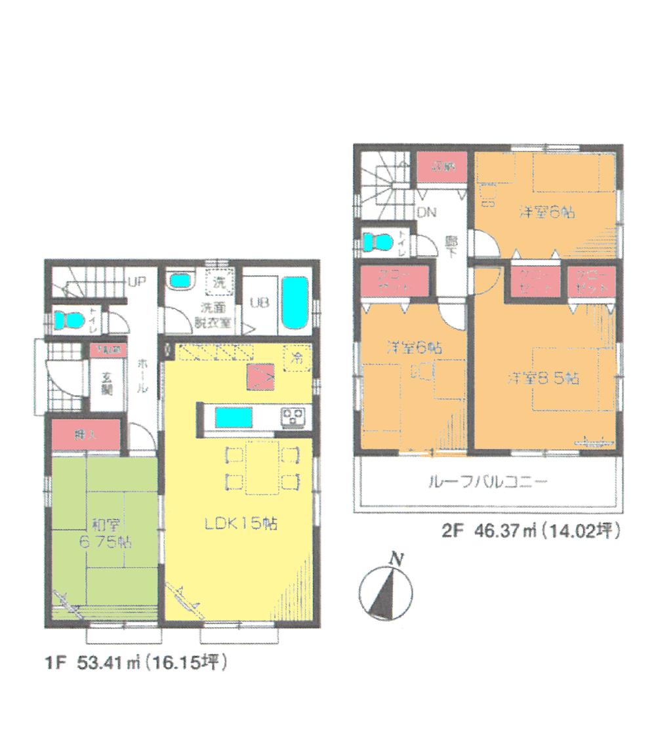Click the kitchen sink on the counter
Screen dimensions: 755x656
coord(233,417)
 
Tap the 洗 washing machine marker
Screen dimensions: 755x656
coord(218,284)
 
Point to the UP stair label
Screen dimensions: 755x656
coord(138,283)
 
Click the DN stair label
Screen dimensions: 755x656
coord(427,213)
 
